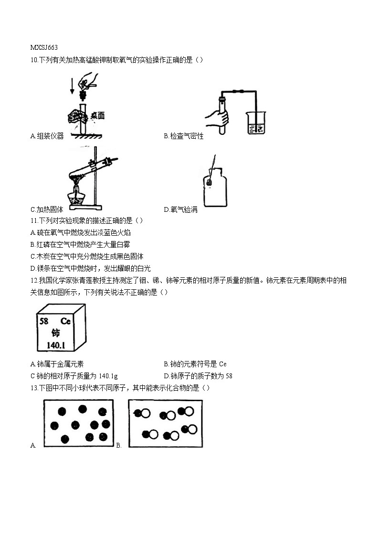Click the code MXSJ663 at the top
[x=44, y=47]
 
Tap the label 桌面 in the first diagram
[x=97, y=116]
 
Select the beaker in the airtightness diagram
[x=256, y=123]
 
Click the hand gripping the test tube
[x=218, y=118]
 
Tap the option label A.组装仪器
[x=47, y=136]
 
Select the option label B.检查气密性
[x=183, y=136]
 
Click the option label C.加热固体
[x=47, y=209]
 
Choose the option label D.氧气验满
[x=180, y=209]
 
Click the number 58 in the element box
[x=44, y=321]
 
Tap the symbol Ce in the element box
[x=65, y=321]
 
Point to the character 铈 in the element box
[x=55, y=333]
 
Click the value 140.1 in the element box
[x=56, y=345]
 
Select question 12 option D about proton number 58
[x=198, y=376]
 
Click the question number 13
[x=33, y=388]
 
